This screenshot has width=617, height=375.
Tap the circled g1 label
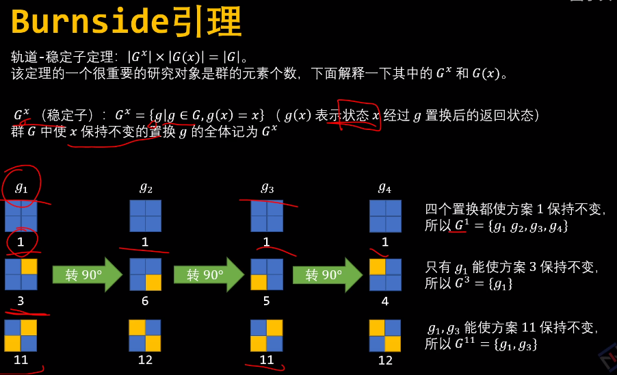click(21, 186)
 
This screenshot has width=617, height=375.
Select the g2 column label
click(146, 187)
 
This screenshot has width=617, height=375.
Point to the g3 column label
click(267, 187)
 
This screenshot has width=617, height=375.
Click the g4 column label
click(385, 187)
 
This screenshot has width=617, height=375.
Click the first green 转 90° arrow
click(88, 275)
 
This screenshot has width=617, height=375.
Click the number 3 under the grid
click(21, 300)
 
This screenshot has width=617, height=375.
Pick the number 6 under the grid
click(145, 300)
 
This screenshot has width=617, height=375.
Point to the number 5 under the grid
click(267, 300)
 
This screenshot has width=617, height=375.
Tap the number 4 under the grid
click(385, 300)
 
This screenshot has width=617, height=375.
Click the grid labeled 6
click(146, 274)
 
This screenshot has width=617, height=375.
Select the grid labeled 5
click(267, 274)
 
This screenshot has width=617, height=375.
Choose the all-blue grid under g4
click(385, 216)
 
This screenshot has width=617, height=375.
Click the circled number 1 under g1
click(21, 242)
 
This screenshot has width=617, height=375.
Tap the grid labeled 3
click(21, 274)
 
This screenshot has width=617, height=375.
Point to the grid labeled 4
click(385, 274)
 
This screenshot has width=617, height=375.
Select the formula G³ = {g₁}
click(478, 283)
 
